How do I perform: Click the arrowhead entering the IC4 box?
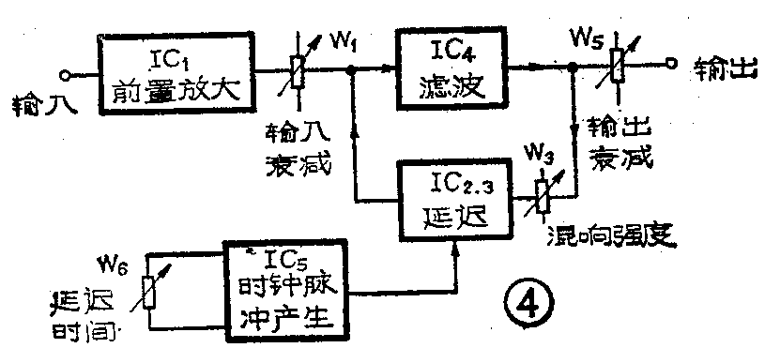390,68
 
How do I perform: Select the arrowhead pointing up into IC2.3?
456,246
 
